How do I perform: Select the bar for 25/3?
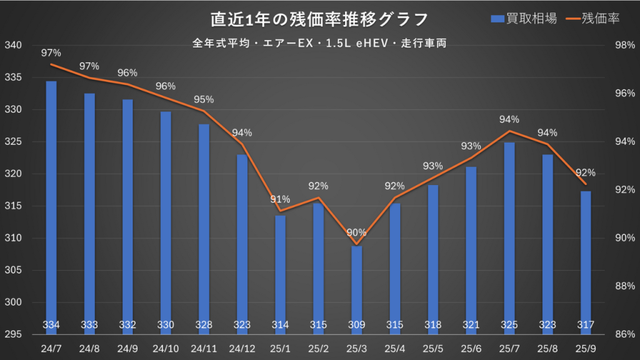pos(356,287)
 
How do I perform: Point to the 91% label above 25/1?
pos(280,199)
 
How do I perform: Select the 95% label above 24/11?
pos(204,99)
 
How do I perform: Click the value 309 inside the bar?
pos(356,324)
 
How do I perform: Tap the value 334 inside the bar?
pos(51,324)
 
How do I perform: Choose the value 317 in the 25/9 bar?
pos(586,324)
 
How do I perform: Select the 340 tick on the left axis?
pos(13,46)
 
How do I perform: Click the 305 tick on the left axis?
pos(13,271)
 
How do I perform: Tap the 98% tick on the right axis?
pos(624,46)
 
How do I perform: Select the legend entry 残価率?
pos(592,18)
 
